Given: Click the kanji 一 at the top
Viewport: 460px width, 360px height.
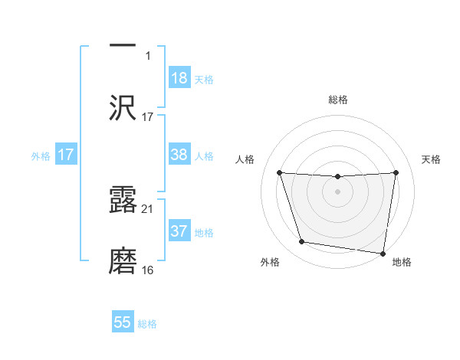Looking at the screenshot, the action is tap(123, 45).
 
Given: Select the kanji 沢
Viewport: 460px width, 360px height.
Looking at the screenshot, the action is tap(123, 106).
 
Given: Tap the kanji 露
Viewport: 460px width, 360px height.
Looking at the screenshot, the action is tap(123, 198).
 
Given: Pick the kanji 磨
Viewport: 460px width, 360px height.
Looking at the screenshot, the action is tap(123, 260).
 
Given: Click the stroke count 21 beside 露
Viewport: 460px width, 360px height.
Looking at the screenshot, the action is tap(147, 208).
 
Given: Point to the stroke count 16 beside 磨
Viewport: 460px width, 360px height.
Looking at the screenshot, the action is tap(147, 270).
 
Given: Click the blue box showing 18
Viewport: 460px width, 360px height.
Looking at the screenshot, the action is tap(179, 77).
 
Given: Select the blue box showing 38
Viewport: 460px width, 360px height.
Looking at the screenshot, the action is tap(179, 154).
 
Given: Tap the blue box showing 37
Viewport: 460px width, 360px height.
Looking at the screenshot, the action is tap(179, 231).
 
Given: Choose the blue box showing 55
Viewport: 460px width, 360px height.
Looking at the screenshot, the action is tap(123, 322).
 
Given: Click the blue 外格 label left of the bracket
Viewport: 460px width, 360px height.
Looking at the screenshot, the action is tap(41, 155).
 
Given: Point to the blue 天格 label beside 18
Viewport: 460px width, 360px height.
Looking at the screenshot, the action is tap(204, 80).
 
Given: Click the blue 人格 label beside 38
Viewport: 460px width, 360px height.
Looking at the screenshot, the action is tap(204, 156).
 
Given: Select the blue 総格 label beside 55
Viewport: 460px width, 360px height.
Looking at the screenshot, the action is tap(147, 325).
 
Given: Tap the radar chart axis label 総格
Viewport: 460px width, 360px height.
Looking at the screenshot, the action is tap(338, 100).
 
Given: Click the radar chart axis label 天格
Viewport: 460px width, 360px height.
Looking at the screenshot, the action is tap(432, 159).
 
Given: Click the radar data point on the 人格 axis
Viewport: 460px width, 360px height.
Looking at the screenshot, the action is tap(279, 172).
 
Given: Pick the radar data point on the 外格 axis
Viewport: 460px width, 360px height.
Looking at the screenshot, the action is tap(302, 242).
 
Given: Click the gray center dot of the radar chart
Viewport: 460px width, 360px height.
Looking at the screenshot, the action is tap(338, 191).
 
